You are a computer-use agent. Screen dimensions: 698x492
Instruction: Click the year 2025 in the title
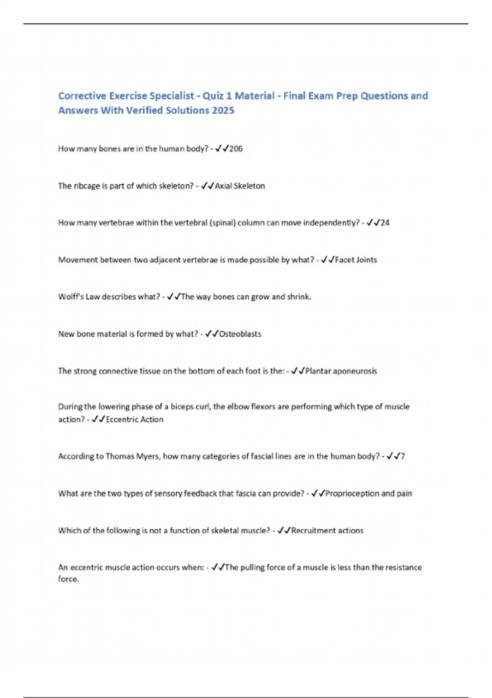click(x=223, y=110)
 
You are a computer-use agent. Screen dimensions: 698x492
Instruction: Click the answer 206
click(x=236, y=149)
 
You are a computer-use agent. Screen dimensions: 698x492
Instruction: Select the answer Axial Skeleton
click(x=240, y=186)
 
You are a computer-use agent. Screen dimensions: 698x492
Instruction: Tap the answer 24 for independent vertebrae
click(x=385, y=223)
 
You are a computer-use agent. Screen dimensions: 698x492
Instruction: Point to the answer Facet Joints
click(x=356, y=260)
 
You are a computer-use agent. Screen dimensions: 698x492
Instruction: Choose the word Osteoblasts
click(x=240, y=334)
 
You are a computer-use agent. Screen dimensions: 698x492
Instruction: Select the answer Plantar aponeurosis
click(x=341, y=371)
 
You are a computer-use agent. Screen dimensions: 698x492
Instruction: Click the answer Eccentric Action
click(x=134, y=420)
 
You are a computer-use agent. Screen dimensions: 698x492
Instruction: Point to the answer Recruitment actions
click(x=327, y=530)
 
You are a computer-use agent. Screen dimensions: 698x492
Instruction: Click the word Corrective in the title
click(x=82, y=96)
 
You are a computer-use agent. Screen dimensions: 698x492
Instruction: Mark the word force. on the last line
click(x=68, y=579)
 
